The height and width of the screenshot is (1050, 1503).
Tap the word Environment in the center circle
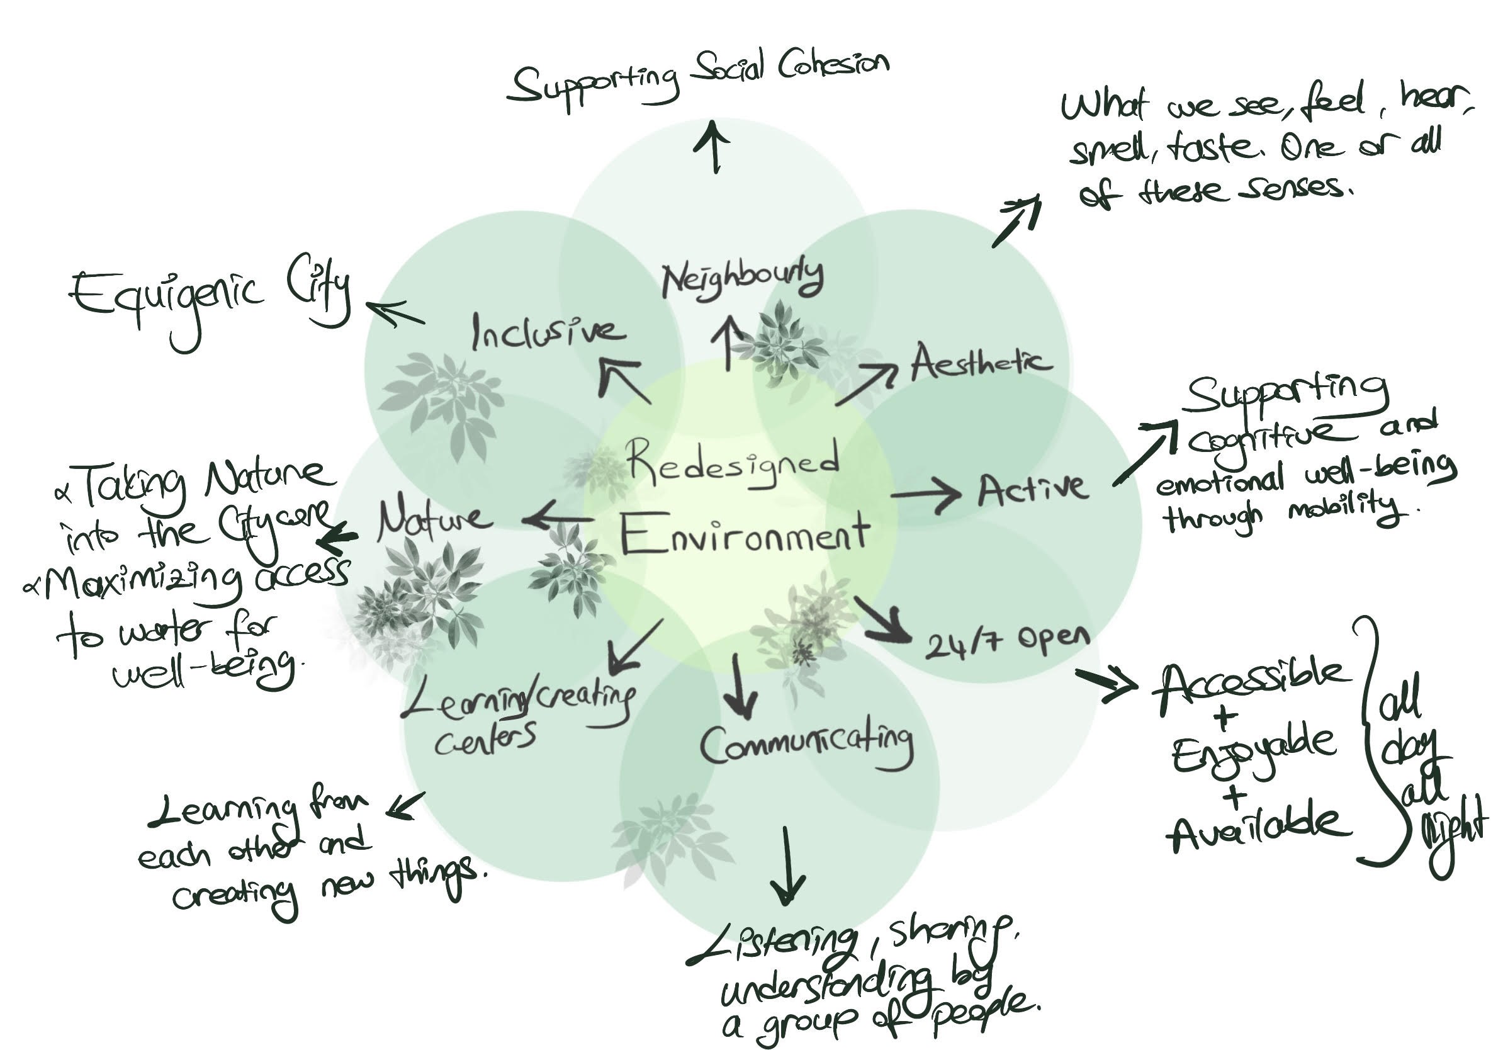coord(745,534)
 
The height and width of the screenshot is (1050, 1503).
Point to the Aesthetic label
coord(981,363)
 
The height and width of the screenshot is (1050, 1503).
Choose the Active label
coord(1032,490)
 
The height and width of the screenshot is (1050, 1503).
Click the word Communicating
coord(806,744)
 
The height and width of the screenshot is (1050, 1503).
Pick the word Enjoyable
coord(1253,754)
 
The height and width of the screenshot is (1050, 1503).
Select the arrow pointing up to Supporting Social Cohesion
coord(716,145)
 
